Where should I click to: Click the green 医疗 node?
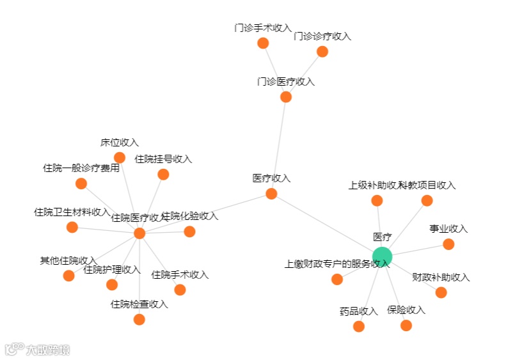click(382, 257)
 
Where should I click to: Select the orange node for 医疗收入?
click(271, 194)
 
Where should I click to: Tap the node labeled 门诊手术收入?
click(263, 43)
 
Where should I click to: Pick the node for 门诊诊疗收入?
click(322, 52)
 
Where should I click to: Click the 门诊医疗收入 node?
click(286, 97)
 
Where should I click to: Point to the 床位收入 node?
click(120, 157)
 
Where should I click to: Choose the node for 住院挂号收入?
click(163, 175)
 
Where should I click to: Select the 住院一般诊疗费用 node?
click(81, 184)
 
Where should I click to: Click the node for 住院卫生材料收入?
click(72, 227)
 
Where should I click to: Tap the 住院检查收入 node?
click(139, 319)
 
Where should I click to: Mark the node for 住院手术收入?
click(180, 290)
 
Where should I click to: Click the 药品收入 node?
click(359, 326)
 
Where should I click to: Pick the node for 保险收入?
click(406, 325)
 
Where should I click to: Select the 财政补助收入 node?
click(441, 292)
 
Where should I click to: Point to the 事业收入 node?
click(448, 244)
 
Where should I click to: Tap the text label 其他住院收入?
click(68, 261)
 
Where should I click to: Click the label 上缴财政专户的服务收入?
click(337, 263)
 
